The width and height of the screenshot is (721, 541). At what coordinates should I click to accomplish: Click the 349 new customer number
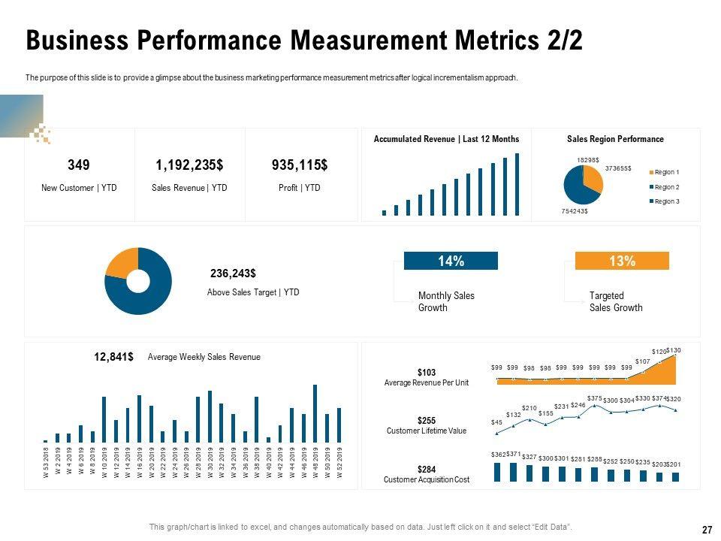point(78,165)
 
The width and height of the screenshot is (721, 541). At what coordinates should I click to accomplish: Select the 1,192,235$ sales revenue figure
point(189,165)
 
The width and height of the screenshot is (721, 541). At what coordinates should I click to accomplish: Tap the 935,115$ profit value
point(299,165)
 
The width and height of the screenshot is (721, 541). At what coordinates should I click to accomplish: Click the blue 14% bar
point(451,261)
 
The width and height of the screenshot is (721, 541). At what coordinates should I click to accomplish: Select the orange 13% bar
point(621,261)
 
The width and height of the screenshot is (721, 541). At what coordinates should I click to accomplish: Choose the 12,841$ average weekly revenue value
point(113,357)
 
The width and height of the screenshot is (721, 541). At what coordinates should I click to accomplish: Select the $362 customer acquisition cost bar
point(497,472)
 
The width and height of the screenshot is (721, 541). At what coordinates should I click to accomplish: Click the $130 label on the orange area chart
point(674,351)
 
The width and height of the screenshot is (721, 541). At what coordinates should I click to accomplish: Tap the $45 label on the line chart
point(497,422)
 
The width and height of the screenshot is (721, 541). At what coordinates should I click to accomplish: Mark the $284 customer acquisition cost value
point(426,470)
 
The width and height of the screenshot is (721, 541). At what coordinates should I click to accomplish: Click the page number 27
point(707,530)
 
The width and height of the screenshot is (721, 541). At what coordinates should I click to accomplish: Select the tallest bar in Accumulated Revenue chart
point(517,184)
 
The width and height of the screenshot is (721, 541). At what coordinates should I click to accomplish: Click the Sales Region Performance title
point(615,139)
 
